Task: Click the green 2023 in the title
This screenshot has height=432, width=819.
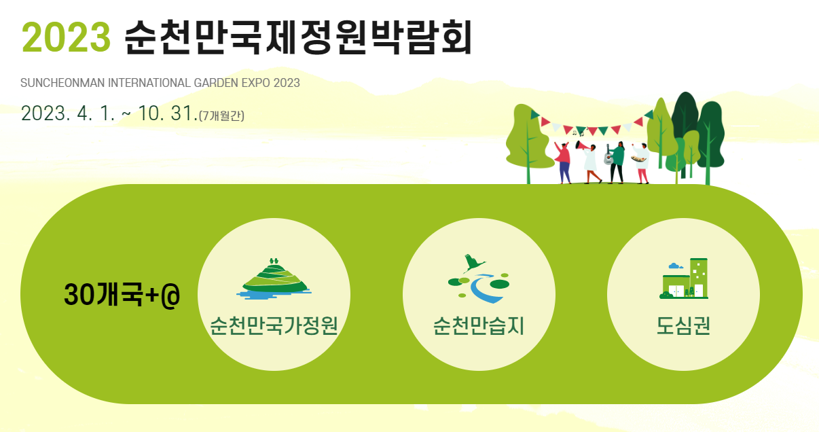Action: (x=66, y=37)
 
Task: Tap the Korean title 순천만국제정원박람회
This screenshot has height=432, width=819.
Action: (x=297, y=37)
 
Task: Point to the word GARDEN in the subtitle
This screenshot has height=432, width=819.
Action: (x=218, y=83)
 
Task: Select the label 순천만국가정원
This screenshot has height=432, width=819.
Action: (x=274, y=327)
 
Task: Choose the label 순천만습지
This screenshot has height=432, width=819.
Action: (x=479, y=327)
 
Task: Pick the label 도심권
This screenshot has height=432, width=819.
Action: (x=683, y=327)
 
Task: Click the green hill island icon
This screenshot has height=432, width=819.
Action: (x=274, y=278)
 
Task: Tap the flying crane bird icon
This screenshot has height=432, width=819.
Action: (x=474, y=262)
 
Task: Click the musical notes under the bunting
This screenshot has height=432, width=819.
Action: (x=577, y=134)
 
